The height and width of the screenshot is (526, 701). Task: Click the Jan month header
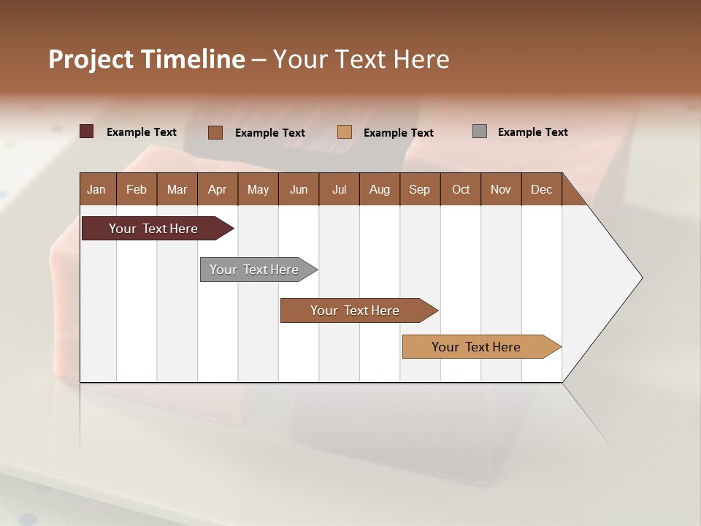pyautogui.click(x=97, y=189)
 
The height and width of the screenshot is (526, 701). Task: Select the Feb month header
pyautogui.click(x=137, y=189)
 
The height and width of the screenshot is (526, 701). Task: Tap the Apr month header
pyautogui.click(x=218, y=189)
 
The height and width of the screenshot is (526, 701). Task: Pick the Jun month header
pyautogui.click(x=299, y=189)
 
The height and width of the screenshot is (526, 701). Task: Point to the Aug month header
pyautogui.click(x=380, y=189)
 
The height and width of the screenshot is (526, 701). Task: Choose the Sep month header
pyautogui.click(x=420, y=189)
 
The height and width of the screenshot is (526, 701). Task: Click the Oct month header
pyautogui.click(x=461, y=189)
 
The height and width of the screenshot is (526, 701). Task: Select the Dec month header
pyautogui.click(x=542, y=189)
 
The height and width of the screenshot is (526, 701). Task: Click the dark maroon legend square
pyautogui.click(x=87, y=131)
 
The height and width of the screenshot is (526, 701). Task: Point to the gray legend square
pyautogui.click(x=480, y=131)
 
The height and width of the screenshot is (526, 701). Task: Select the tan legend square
pyautogui.click(x=345, y=132)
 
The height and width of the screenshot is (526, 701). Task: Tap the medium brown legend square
pyautogui.click(x=215, y=132)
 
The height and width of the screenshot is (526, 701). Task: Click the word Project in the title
pyautogui.click(x=91, y=59)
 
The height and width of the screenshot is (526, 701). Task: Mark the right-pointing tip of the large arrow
pyautogui.click(x=640, y=278)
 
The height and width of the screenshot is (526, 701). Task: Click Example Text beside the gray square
pyautogui.click(x=532, y=132)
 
